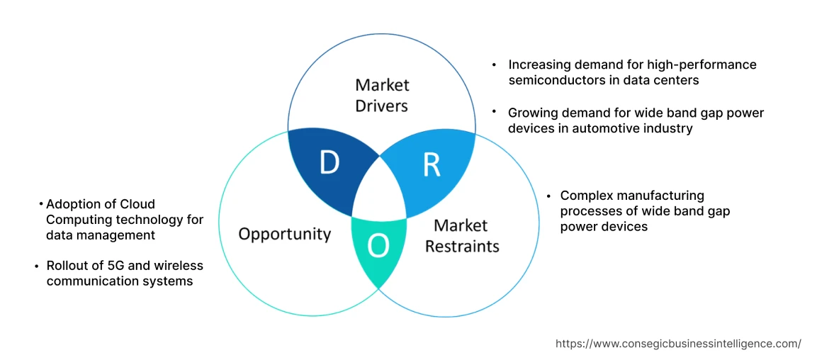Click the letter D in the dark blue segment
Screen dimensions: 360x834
pyautogui.click(x=329, y=163)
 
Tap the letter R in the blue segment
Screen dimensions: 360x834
pyautogui.click(x=432, y=164)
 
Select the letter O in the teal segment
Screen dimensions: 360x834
pyautogui.click(x=378, y=246)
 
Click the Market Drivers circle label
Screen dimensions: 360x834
pyautogui.click(x=382, y=96)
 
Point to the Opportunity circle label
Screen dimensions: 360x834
pyautogui.click(x=284, y=234)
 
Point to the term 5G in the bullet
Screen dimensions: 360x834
pyautogui.click(x=103, y=266)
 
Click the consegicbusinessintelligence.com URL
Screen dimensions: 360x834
pyautogui.click(x=678, y=344)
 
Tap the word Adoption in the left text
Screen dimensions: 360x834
pyautogui.click(x=73, y=204)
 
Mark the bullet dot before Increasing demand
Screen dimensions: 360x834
pyautogui.click(x=494, y=64)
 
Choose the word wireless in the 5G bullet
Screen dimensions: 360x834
pyautogui.click(x=180, y=266)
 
